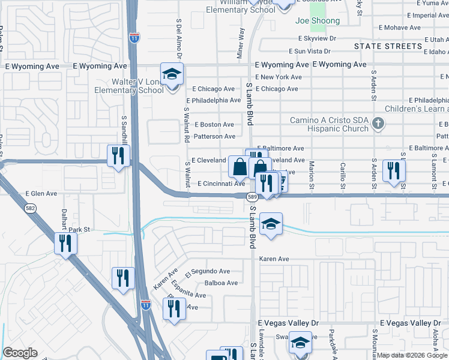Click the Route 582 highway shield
tap(29, 208)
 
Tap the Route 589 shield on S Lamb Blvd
tap(253, 197)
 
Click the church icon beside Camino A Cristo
tap(378, 124)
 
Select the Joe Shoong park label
tap(318, 21)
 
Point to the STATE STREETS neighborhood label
tap(388, 46)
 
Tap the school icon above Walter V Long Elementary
tap(172, 74)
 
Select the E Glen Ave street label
tap(41, 194)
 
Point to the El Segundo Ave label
tap(207, 271)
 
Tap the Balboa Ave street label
tap(221, 283)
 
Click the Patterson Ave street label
tap(215, 136)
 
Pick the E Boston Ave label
tap(214, 124)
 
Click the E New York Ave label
tap(278, 77)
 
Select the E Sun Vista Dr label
tap(310, 52)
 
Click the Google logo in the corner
tap(20, 353)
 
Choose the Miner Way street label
tap(241, 42)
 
